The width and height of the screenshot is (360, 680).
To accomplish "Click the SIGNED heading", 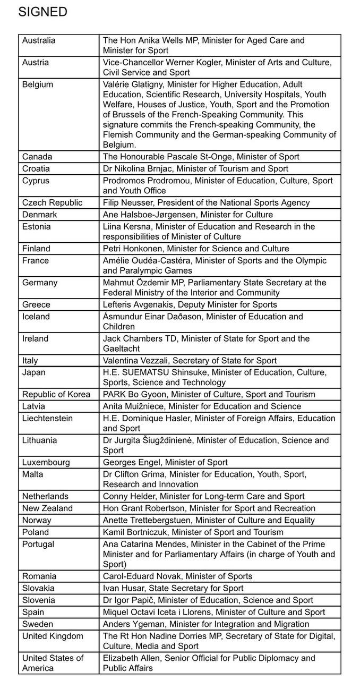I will tap(42, 12).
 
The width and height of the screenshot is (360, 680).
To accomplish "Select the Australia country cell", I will tap(39, 40).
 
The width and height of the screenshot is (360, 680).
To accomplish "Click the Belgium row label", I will tap(38, 84).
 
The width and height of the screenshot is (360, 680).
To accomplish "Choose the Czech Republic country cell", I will tap(52, 202).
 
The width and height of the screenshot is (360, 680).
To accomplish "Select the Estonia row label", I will tap(37, 227).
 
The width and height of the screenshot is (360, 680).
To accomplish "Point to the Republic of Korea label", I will tap(56, 395).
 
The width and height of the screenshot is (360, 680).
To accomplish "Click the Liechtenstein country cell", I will tap(48, 419).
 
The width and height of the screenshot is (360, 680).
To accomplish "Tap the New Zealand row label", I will tap(47, 508).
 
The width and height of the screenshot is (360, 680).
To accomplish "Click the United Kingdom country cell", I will tap(53, 636).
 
